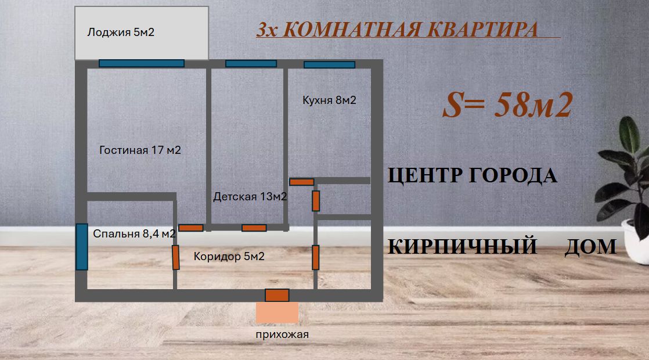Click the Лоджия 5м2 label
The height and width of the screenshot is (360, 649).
tap(121, 32)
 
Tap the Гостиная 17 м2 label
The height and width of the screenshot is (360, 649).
tap(140, 150)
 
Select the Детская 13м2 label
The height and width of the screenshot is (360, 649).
tap(250, 197)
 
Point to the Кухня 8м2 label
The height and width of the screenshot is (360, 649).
tap(329, 100)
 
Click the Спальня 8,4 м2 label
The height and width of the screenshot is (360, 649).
tap(135, 234)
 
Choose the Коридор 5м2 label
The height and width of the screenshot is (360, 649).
tap(229, 256)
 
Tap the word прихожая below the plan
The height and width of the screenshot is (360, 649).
tap(282, 334)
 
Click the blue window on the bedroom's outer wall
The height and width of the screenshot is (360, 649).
tap(82, 247)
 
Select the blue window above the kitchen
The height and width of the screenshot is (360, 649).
tap(329, 64)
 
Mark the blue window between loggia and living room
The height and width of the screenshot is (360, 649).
tap(141, 63)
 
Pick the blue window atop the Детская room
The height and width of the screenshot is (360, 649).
tap(251, 63)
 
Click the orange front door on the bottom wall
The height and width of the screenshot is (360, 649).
tap(277, 295)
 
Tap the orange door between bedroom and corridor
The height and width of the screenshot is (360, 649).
tap(176, 257)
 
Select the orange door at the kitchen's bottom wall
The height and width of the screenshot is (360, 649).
tap(301, 182)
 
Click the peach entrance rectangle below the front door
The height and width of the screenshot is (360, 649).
tap(277, 312)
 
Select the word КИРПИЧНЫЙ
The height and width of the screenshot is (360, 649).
tap(462, 247)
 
